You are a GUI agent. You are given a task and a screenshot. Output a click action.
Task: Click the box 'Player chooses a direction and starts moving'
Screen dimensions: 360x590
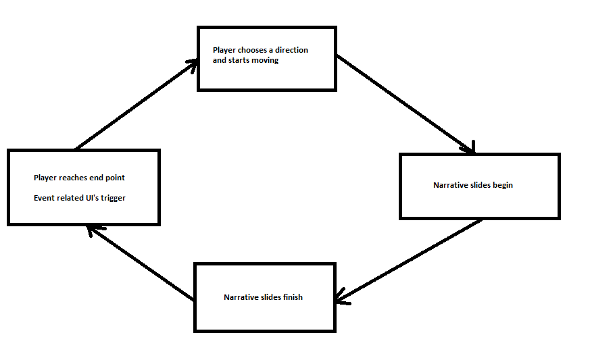(266, 59)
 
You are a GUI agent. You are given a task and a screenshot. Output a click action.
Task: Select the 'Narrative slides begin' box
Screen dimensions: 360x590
(479, 186)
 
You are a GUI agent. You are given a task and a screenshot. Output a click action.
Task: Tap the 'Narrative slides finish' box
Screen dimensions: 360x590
(264, 297)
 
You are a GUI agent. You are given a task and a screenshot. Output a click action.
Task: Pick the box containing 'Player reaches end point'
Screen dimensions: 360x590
(83, 187)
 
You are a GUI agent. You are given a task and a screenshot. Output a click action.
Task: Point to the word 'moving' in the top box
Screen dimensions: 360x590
(265, 61)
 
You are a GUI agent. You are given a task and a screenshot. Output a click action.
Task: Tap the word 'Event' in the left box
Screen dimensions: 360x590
(45, 198)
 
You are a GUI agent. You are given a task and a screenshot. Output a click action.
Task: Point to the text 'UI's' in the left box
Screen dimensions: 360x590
(90, 198)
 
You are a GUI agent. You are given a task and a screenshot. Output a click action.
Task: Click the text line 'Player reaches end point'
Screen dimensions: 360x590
(79, 178)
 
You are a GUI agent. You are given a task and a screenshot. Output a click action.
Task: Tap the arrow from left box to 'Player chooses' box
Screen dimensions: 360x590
(135, 105)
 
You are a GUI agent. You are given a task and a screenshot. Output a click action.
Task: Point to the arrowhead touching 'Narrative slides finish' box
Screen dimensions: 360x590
(343, 298)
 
